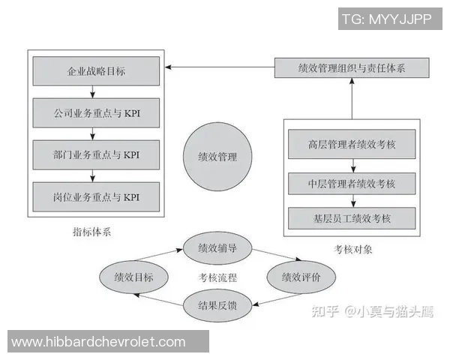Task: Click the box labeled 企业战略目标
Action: [96, 71]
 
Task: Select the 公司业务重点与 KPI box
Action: [96, 112]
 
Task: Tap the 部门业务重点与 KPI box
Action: [96, 154]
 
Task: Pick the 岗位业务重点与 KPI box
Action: [96, 197]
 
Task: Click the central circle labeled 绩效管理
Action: [217, 157]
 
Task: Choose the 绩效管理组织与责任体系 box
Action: [352, 67]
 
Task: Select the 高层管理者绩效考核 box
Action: [352, 144]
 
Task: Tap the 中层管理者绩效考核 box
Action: [352, 184]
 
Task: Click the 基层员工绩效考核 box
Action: [352, 218]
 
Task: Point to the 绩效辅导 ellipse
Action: [217, 248]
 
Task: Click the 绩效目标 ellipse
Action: [133, 277]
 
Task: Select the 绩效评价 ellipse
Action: [301, 277]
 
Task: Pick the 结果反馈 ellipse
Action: [217, 305]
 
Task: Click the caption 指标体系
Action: [91, 232]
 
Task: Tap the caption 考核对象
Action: [352, 249]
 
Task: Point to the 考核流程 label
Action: [217, 277]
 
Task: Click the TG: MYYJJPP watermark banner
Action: [390, 19]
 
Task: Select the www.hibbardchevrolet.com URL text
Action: [98, 342]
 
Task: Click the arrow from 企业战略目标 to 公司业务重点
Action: [92, 91]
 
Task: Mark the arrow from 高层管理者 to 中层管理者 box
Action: [353, 166]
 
